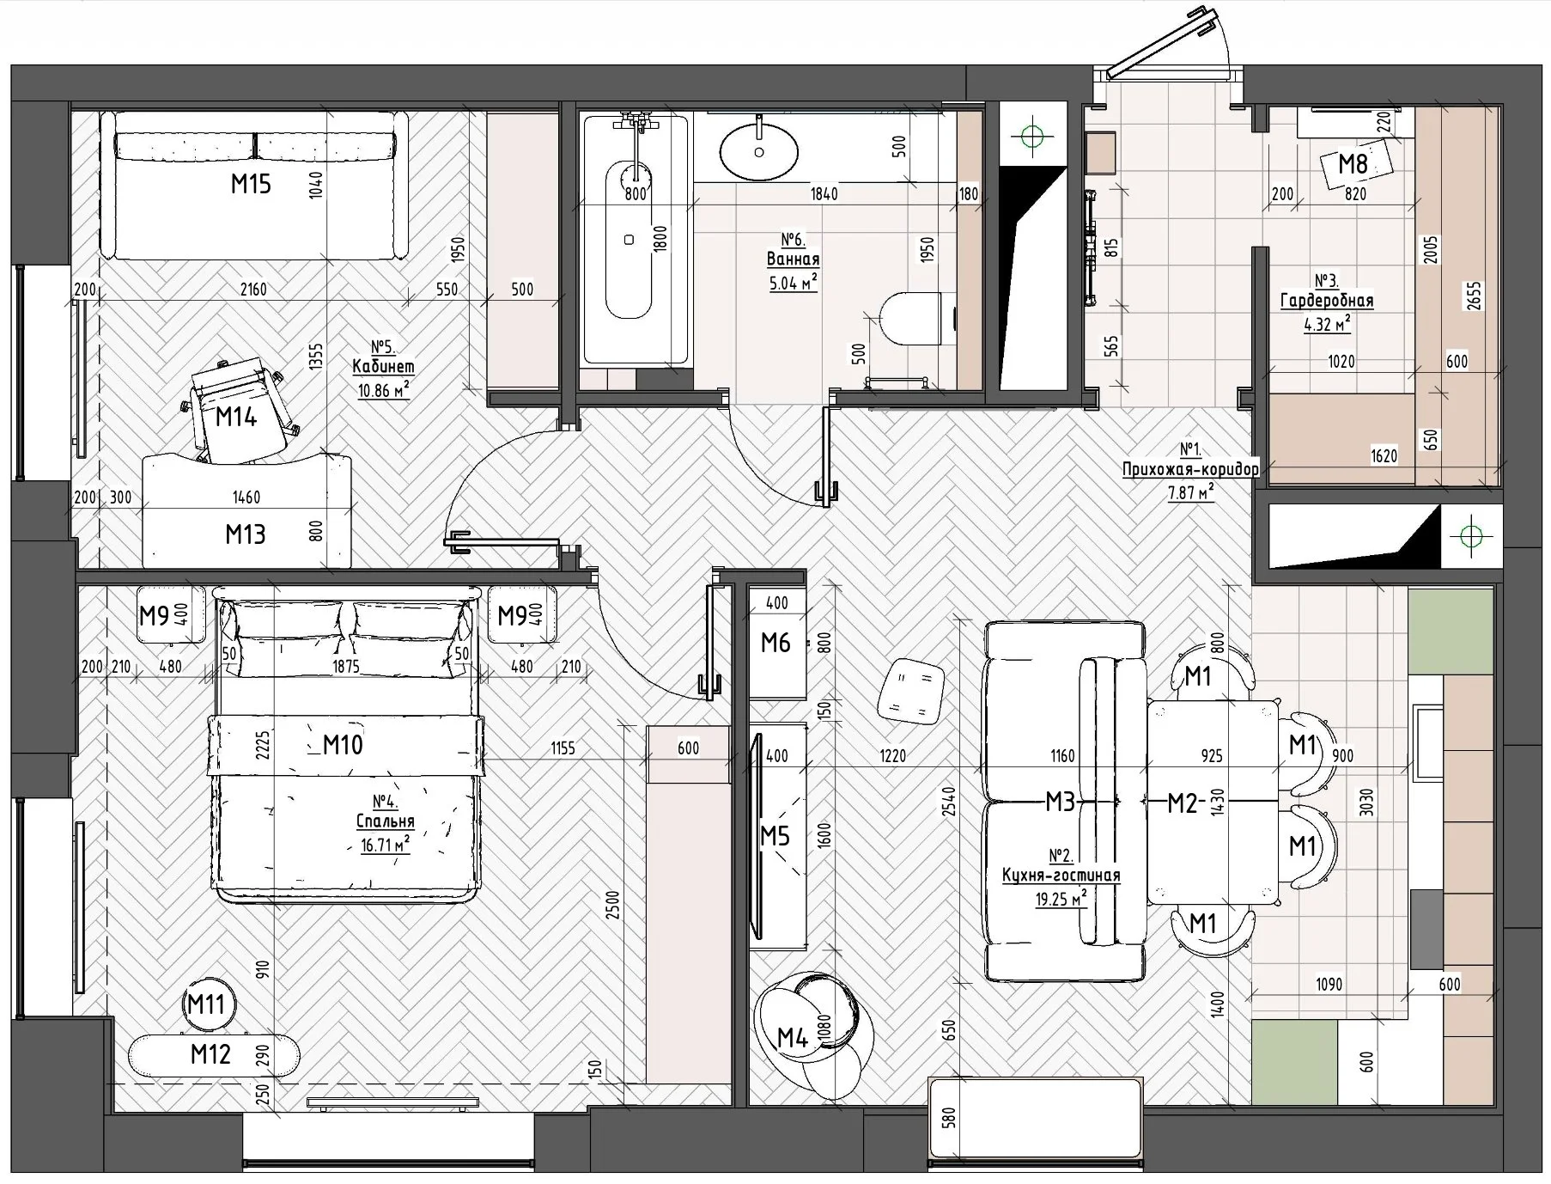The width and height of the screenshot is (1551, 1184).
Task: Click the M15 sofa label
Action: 251,184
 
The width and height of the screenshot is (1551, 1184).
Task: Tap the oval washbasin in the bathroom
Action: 759,152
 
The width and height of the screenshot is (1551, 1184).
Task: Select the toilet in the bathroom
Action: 918,320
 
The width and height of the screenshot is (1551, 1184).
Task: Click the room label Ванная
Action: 793,259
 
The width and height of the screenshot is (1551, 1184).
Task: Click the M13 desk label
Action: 246,534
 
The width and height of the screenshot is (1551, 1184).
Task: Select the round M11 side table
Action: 206,1004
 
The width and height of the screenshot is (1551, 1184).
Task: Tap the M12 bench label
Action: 210,1053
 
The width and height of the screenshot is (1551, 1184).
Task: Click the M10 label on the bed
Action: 343,744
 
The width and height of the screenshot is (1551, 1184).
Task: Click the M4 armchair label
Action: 793,1038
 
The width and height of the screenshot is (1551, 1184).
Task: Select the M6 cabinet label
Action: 775,642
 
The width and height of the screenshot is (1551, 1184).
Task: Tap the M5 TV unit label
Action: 775,835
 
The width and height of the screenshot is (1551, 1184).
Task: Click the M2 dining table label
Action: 1182,803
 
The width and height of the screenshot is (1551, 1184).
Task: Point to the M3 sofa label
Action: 1060,803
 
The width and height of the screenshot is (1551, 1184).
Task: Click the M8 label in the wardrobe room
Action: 1353,162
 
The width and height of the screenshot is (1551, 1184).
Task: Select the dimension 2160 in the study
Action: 253,290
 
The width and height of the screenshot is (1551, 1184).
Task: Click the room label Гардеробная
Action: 1327,301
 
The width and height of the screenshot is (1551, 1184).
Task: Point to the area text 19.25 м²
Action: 1061,900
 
